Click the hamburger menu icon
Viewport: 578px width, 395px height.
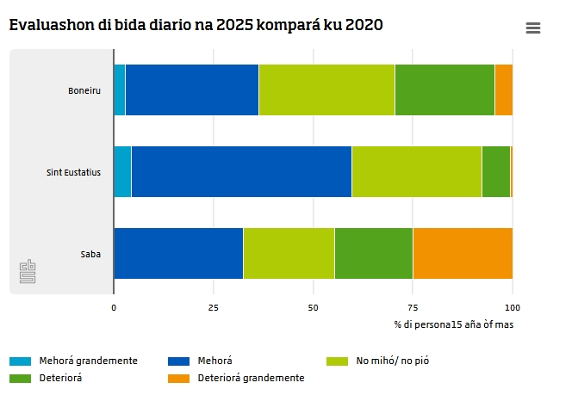533,28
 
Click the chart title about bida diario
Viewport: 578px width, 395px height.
196,25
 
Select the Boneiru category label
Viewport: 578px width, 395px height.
84,90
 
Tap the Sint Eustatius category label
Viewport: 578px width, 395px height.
73,172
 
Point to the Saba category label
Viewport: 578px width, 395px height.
90,254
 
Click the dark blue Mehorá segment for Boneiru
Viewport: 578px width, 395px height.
192,89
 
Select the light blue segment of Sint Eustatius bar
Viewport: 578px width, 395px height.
122,171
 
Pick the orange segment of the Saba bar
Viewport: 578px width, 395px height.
463,253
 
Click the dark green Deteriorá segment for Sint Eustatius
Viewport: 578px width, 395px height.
496,171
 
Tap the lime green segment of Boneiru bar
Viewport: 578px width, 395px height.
327,89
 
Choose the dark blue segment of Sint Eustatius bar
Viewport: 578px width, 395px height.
241,171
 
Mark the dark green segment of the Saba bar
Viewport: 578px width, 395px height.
374,253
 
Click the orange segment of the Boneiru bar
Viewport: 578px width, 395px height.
504,89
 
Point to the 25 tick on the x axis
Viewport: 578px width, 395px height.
214,308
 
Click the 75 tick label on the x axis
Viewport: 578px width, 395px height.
413,308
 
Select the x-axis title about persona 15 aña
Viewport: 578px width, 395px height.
454,324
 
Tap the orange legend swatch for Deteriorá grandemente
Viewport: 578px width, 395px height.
179,379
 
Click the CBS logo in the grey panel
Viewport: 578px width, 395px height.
28,271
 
